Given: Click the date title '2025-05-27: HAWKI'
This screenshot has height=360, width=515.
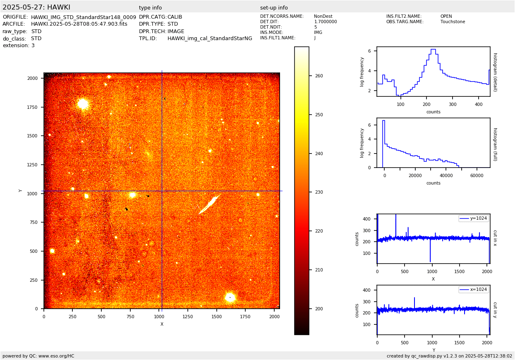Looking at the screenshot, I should [x=36, y=7].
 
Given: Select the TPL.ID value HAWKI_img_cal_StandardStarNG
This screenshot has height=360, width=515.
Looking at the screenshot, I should [x=210, y=38].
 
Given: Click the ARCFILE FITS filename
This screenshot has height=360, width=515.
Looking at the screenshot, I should [x=79, y=24].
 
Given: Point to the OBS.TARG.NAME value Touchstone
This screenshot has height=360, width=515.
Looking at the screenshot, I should [x=453, y=22].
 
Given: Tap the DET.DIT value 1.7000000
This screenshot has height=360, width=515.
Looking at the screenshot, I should [x=326, y=22].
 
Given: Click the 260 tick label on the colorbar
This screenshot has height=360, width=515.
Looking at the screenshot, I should [x=319, y=76].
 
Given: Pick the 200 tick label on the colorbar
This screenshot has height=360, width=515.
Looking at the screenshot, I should [x=319, y=309].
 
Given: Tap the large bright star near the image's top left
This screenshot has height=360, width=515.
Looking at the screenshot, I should [x=83, y=103].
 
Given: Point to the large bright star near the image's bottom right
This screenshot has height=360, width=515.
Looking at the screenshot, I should [x=230, y=297].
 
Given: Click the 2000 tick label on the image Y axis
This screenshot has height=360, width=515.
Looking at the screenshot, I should [x=33, y=78].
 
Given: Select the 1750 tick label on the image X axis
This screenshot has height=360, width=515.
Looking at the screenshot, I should [x=245, y=317].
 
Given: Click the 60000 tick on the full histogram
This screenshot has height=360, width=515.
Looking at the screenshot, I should [x=477, y=175].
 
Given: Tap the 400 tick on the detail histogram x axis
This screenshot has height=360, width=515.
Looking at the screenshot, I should [x=479, y=104].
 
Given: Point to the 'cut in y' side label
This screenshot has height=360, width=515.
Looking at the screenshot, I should [x=495, y=310].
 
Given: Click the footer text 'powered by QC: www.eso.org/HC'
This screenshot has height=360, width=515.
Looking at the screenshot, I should [x=38, y=356].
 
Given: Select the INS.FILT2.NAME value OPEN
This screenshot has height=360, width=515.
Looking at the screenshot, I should [x=446, y=17].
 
